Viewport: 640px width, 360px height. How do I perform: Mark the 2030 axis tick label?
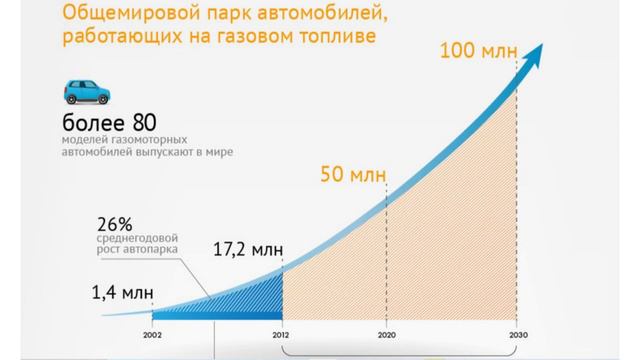(x=516, y=337)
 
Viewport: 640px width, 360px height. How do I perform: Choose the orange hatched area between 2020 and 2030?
(x=455, y=230)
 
